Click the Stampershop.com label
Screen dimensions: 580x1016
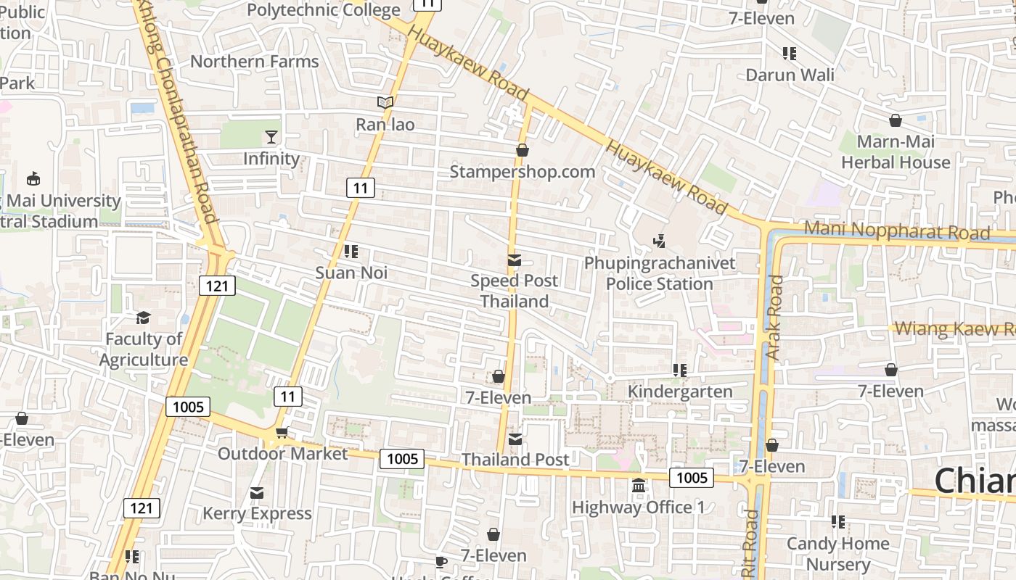[x=522, y=172]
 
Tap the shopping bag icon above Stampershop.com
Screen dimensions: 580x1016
[x=522, y=150]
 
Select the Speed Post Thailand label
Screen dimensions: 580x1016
[x=515, y=291]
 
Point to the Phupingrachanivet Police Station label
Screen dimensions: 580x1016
[x=660, y=273]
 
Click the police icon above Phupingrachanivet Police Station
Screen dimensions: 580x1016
[x=660, y=240]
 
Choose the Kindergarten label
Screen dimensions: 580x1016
[x=680, y=391]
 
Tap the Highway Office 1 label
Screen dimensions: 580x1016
[x=638, y=507]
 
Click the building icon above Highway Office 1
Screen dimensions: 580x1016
[x=638, y=485]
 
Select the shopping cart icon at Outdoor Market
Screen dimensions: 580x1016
[x=282, y=433]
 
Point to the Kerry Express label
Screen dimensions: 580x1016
[x=257, y=513]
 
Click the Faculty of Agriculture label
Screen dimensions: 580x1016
[x=144, y=349]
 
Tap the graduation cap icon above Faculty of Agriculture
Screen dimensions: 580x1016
[x=143, y=318]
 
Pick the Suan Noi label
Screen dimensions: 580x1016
[x=351, y=273]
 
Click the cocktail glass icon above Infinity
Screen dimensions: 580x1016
[x=271, y=136]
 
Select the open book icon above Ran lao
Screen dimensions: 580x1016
[x=385, y=103]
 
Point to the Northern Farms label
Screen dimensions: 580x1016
[x=254, y=62]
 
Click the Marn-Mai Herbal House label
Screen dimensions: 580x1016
[x=896, y=152]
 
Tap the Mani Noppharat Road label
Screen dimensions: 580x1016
[x=897, y=231]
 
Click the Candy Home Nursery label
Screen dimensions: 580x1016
[x=838, y=554]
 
